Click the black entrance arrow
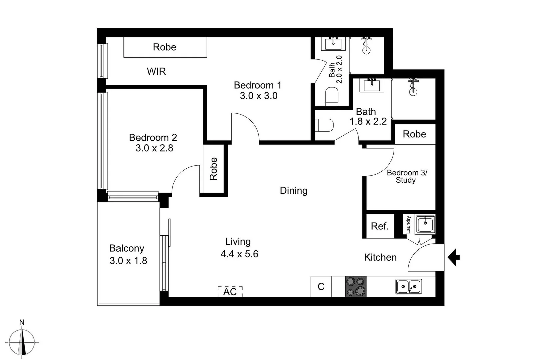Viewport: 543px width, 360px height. click(454, 257)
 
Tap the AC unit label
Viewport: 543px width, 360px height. click(230, 292)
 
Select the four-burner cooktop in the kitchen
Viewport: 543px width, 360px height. click(356, 286)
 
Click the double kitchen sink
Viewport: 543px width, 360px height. click(409, 286)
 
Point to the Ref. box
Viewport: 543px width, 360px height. click(380, 226)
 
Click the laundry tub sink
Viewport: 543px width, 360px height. click(425, 224)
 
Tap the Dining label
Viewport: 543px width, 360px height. click(293, 191)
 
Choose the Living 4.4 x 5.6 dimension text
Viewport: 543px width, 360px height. click(239, 254)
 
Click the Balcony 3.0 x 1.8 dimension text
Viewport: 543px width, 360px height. click(128, 261)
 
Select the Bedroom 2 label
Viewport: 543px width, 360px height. click(153, 137)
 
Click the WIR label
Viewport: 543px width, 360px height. click(156, 71)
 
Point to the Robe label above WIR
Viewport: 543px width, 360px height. click(165, 47)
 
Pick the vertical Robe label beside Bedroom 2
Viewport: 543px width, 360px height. click(213, 169)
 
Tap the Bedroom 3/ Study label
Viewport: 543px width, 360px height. click(406, 176)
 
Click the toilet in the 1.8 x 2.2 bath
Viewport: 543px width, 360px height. click(324, 125)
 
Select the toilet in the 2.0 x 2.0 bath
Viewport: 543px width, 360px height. click(332, 96)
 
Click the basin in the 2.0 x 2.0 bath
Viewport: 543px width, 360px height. click(333, 43)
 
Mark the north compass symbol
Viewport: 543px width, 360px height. click(22, 342)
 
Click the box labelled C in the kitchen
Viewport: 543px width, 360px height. click(321, 287)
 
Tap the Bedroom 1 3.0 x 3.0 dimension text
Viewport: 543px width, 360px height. click(259, 96)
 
